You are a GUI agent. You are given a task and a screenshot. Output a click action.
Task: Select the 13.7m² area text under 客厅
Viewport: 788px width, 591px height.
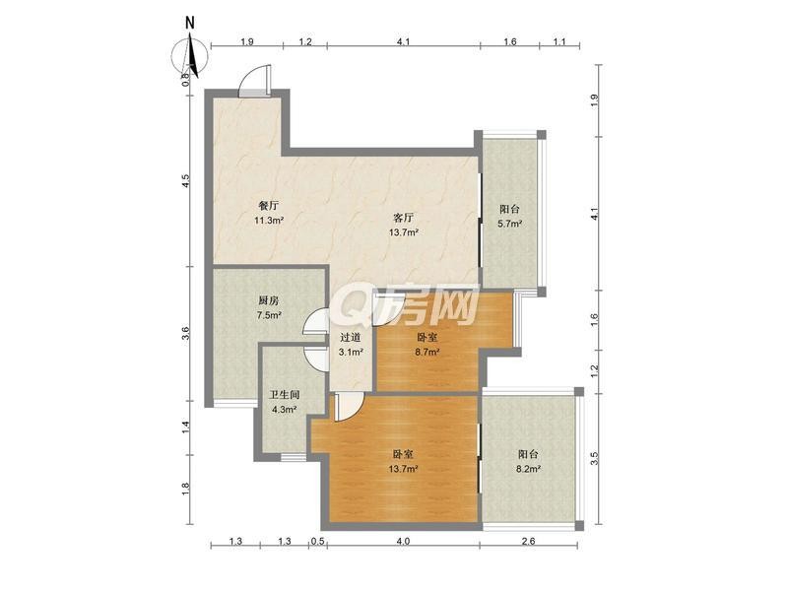[x=404, y=232]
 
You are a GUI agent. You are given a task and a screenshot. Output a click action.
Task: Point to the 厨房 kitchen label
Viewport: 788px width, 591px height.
[x=269, y=300]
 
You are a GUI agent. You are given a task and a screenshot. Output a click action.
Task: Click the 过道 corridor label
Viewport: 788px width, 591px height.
[x=351, y=338]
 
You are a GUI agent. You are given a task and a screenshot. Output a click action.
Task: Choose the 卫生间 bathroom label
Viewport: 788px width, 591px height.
[x=285, y=395]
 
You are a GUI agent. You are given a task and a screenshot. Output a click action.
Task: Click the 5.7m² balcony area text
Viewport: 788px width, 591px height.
[x=509, y=224]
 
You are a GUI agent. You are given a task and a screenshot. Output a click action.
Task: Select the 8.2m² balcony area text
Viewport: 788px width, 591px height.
[x=528, y=469]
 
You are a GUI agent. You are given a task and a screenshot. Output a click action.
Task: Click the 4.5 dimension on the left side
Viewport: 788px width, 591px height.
[x=185, y=181]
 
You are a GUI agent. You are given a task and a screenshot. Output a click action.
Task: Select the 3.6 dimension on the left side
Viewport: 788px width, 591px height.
[x=185, y=334]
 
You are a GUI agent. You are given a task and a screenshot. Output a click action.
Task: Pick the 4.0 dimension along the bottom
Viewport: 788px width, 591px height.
[x=404, y=541]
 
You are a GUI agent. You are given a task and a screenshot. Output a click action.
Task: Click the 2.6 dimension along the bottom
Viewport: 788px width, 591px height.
[x=529, y=541]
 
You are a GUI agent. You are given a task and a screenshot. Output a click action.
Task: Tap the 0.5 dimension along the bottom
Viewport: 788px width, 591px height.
[x=317, y=541]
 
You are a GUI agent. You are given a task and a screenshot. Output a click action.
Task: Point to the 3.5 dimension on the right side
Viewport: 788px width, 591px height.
[x=595, y=458]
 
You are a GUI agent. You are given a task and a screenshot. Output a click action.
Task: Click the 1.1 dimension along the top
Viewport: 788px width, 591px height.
[x=559, y=41]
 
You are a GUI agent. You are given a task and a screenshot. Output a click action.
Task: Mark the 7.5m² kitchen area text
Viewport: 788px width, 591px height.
[x=269, y=315]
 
